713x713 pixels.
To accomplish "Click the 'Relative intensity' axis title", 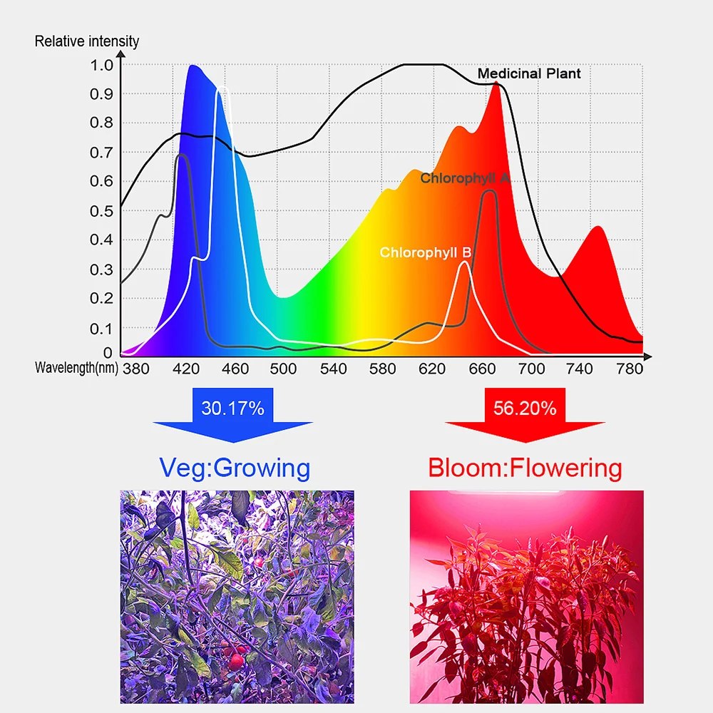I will [87, 41].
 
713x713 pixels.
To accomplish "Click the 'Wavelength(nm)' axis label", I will [76, 368].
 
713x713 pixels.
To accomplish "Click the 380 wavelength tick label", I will [135, 369].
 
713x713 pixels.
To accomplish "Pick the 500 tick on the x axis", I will [284, 369].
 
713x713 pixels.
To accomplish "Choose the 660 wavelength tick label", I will [482, 369].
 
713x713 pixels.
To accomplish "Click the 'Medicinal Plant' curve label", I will [529, 73].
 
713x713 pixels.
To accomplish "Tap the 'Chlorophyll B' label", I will [425, 252].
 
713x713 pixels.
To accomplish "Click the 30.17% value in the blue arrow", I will [232, 409].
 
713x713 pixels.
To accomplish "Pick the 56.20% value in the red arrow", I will [525, 409].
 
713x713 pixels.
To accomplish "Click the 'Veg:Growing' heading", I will [235, 468].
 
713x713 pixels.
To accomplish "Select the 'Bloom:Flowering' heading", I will [525, 468].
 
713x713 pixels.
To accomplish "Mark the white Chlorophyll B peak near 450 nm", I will [223, 88].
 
